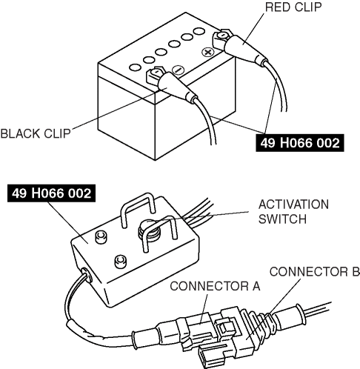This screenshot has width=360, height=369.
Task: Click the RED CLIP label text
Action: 293,7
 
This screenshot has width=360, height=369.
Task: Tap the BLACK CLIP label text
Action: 36,133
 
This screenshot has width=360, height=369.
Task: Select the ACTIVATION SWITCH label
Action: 293,212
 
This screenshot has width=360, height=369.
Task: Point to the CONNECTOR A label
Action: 215,286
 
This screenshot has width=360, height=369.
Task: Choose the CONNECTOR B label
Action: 315,272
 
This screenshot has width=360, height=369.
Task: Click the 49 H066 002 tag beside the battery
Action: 300,143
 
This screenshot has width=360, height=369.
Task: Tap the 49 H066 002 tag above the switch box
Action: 51,193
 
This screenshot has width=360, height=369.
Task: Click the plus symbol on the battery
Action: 208,53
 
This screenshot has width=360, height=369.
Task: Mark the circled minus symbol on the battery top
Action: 178,70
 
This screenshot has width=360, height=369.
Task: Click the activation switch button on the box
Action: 150,231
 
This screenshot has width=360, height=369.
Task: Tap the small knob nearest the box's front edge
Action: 121,262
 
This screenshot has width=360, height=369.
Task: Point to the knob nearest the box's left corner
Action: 101,237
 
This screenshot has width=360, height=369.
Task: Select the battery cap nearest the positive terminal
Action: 199,32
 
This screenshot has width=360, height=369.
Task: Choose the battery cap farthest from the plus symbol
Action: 136,67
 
